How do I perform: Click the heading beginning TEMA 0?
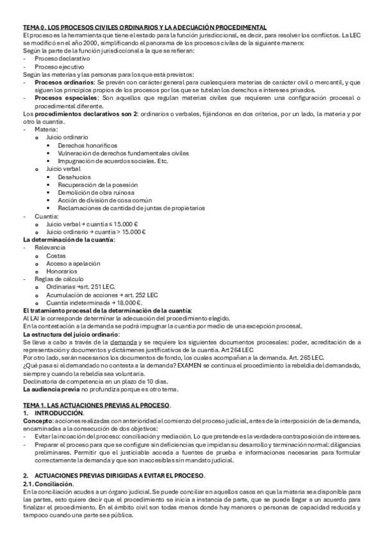145,28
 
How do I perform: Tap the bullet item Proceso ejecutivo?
59,67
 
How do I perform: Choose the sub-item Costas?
56,255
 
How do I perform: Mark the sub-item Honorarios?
61,271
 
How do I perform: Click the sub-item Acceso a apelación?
72,263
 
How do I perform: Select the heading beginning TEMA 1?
97,405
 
